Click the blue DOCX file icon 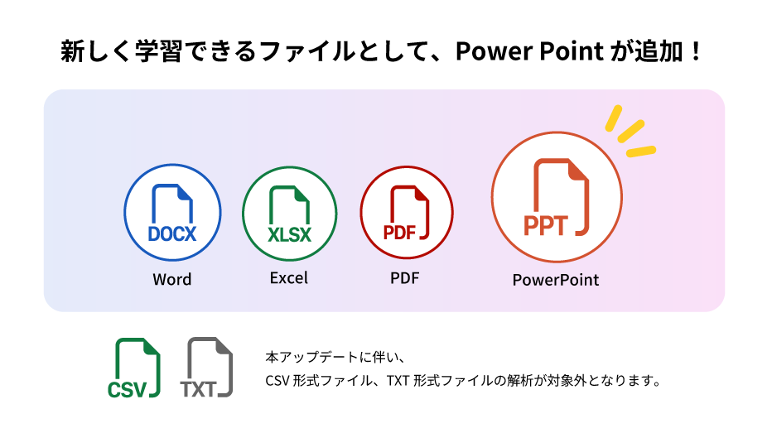(x=172, y=213)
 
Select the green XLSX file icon (x=290, y=214)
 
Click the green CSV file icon (x=134, y=368)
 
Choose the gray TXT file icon (x=206, y=367)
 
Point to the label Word (x=171, y=280)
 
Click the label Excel (x=288, y=278)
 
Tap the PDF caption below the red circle (x=405, y=278)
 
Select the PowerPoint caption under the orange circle (x=556, y=280)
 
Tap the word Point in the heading (x=572, y=51)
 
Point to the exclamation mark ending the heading (x=696, y=51)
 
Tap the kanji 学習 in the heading (x=158, y=51)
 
